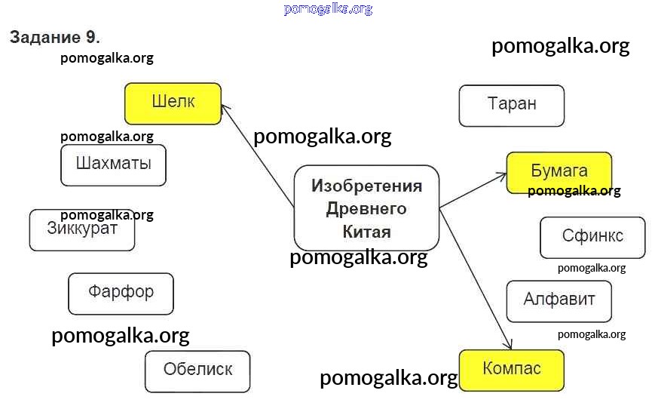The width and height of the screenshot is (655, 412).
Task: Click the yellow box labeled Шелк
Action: (x=173, y=103)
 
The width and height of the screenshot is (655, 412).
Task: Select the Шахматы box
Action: (x=113, y=164)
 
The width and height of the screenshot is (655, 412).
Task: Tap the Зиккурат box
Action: (x=82, y=230)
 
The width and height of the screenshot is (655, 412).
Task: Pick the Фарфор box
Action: (x=121, y=294)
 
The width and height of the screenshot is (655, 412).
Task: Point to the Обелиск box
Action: (x=197, y=371)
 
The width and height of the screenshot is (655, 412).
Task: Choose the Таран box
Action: (x=511, y=106)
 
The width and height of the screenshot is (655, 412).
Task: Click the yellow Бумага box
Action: (x=559, y=173)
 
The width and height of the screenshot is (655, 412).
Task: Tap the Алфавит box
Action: (x=559, y=301)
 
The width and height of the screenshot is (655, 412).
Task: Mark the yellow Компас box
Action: (x=511, y=370)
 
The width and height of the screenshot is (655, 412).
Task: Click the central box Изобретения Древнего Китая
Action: (x=366, y=208)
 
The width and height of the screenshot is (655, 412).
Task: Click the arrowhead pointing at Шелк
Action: (x=225, y=109)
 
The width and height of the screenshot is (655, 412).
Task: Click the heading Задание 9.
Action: (x=54, y=37)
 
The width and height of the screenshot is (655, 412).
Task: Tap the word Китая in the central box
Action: (x=366, y=232)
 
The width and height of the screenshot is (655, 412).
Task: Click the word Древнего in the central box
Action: (x=366, y=209)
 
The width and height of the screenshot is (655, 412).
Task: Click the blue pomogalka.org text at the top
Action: (x=328, y=9)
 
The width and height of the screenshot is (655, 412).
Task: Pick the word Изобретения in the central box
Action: (x=366, y=186)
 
